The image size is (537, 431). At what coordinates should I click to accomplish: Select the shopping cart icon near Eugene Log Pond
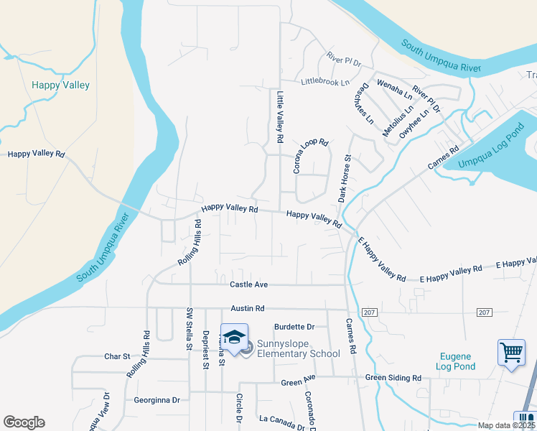click(511, 353)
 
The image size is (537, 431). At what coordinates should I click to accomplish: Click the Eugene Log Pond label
click(455, 361)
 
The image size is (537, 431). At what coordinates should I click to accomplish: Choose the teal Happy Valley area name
click(61, 85)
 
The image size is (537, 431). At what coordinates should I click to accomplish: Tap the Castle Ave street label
click(248, 285)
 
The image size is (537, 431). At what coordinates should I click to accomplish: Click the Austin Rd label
click(248, 308)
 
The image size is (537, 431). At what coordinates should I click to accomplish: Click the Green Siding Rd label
click(393, 378)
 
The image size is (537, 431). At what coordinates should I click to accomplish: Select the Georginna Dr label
click(157, 400)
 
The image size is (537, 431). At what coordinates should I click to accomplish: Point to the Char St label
click(117, 356)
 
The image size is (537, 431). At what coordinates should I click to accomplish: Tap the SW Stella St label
click(190, 330)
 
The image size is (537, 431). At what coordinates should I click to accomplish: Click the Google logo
click(24, 422)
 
